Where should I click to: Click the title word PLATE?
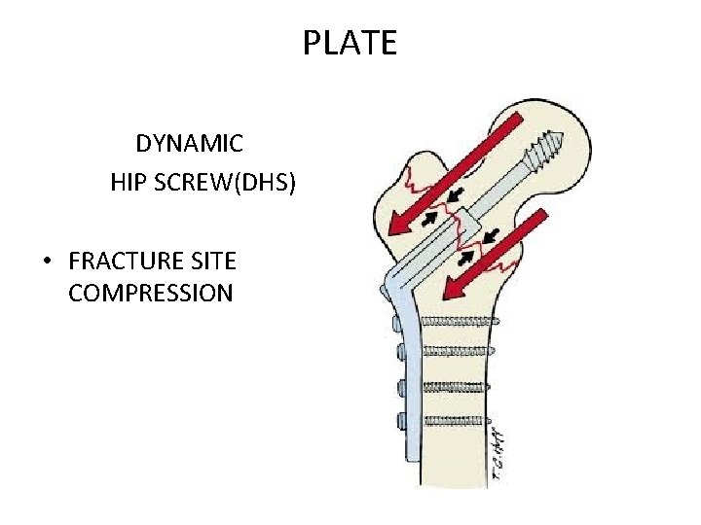pyautogui.click(x=350, y=44)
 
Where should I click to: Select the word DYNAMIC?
pyautogui.click(x=189, y=144)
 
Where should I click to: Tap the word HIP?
pyautogui.click(x=131, y=182)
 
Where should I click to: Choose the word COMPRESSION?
pyautogui.click(x=151, y=294)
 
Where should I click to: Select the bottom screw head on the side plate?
pyautogui.click(x=402, y=421)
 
